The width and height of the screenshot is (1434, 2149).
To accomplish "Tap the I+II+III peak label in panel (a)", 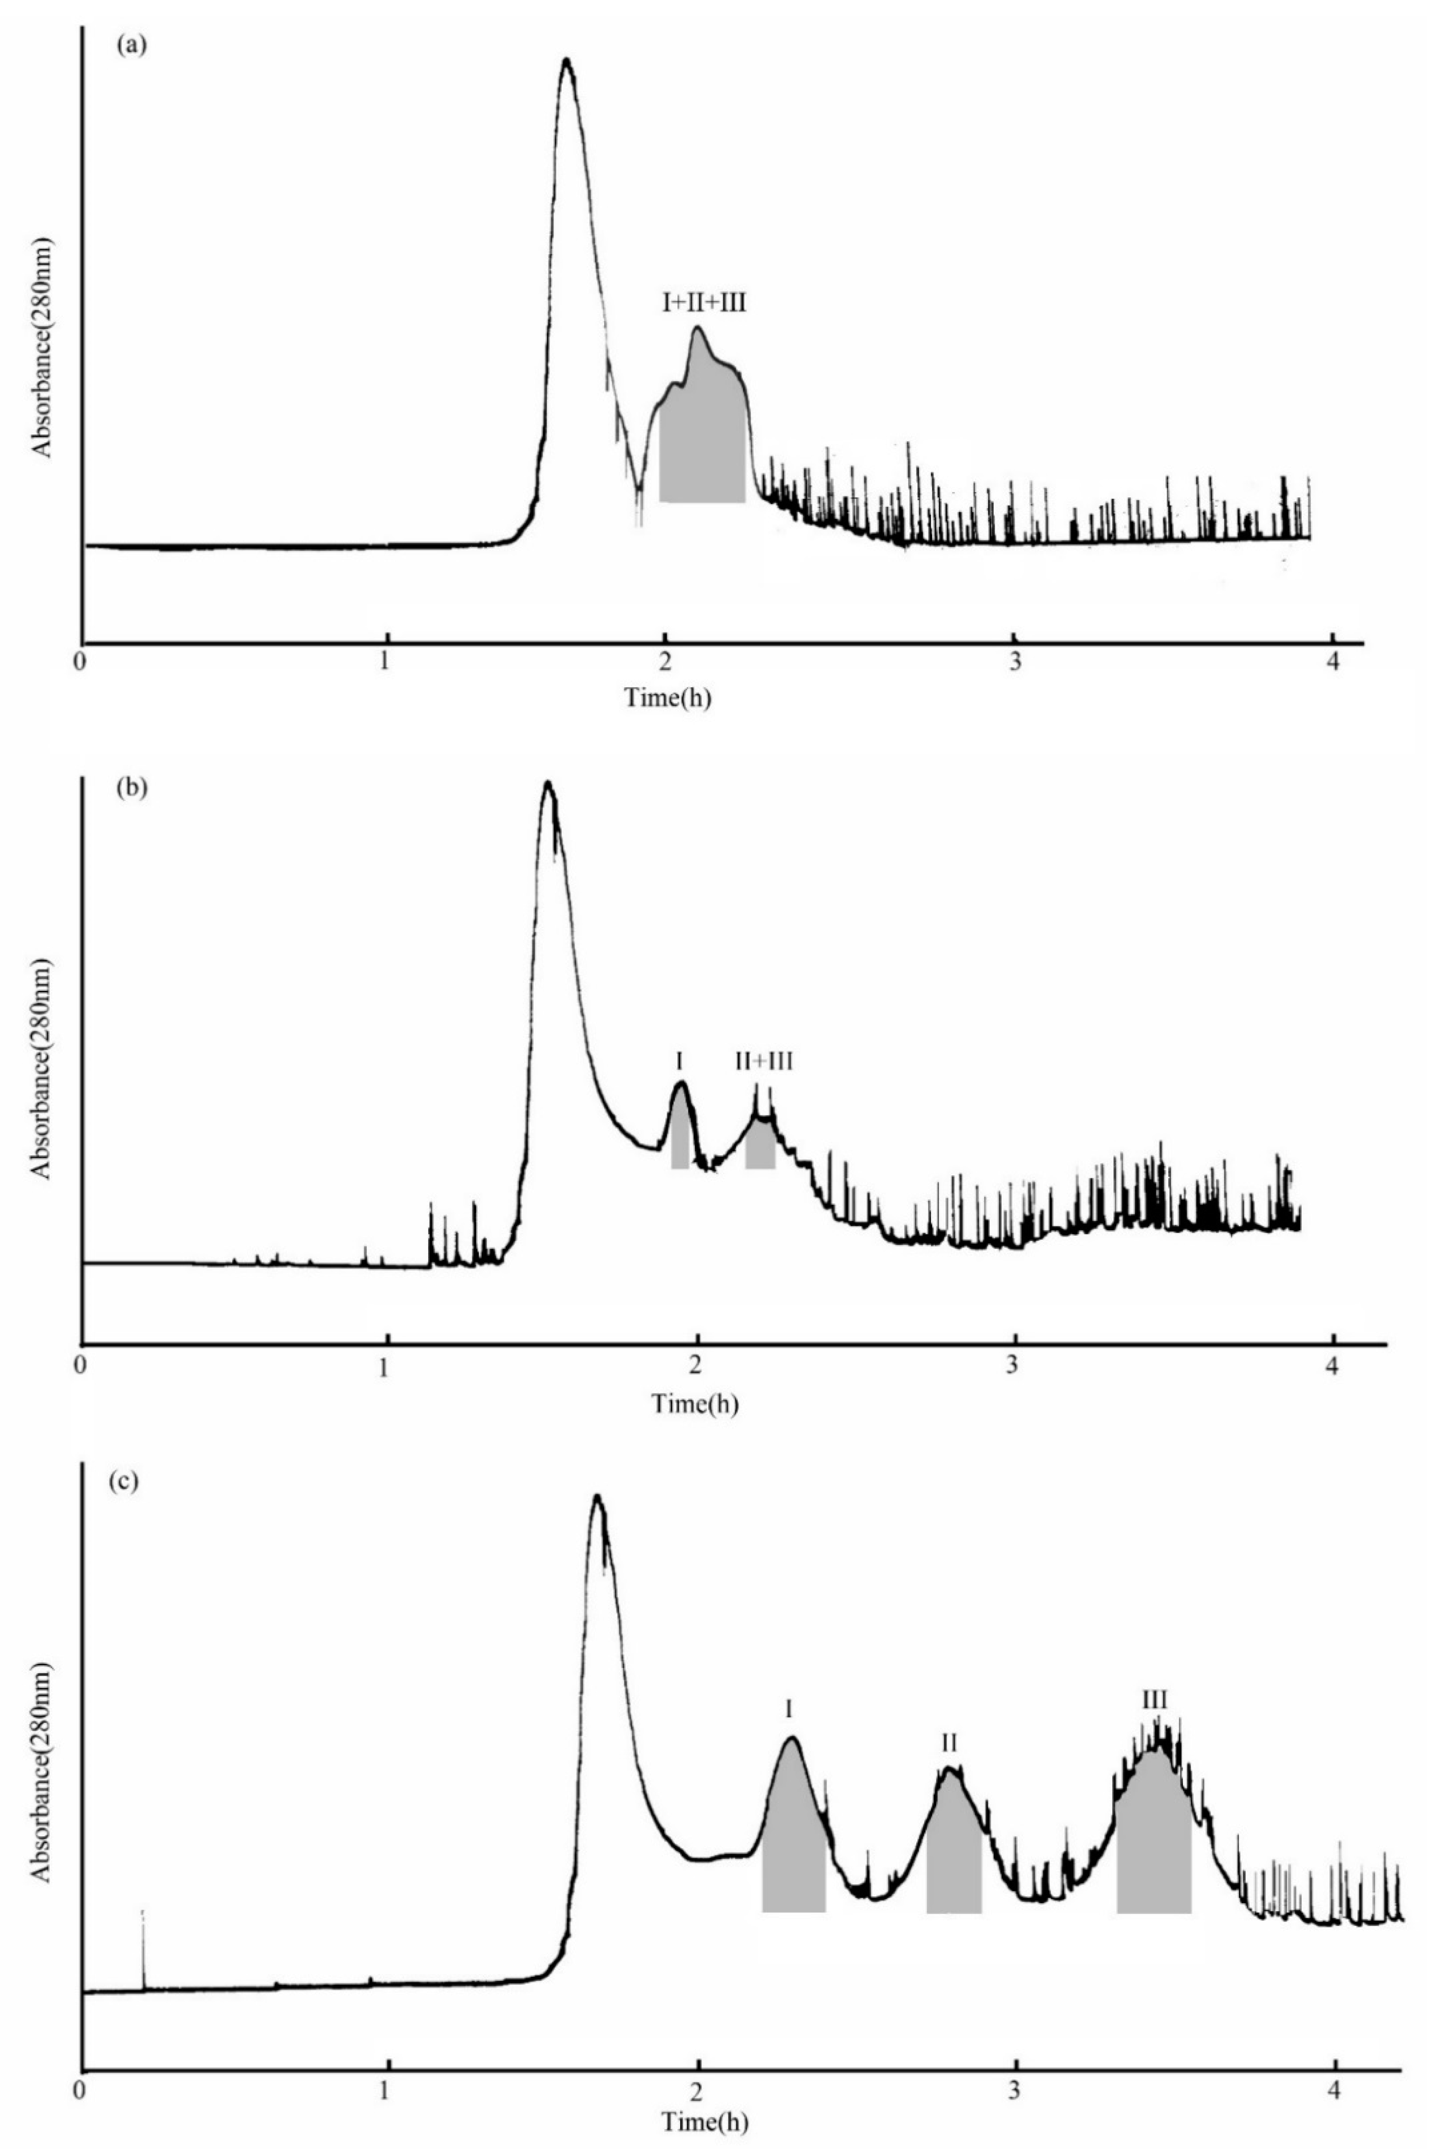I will click(x=704, y=303).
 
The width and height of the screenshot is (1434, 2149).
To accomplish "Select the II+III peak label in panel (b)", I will click(x=765, y=1061).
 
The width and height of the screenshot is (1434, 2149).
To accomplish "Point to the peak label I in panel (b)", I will click(x=679, y=1061).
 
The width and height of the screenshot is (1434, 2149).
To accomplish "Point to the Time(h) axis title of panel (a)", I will click(x=668, y=698).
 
